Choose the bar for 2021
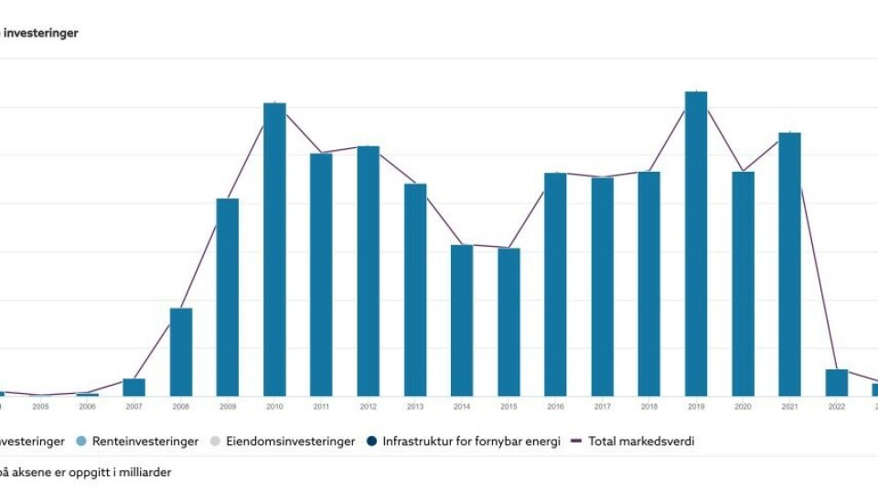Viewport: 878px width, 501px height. (x=789, y=264)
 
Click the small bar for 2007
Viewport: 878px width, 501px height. (x=134, y=387)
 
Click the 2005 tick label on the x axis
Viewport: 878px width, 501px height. (x=40, y=407)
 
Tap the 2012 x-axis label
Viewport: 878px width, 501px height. (x=368, y=407)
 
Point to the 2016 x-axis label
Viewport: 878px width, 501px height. (x=555, y=407)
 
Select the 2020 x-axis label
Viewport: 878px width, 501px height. (x=743, y=407)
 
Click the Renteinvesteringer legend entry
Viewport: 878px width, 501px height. (x=145, y=442)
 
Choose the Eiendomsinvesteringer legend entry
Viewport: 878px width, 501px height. (x=289, y=442)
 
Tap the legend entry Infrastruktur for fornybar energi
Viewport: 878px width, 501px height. (x=471, y=442)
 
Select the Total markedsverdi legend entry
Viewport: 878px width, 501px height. (x=640, y=442)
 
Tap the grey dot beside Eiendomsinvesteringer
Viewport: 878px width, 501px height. (x=217, y=442)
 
